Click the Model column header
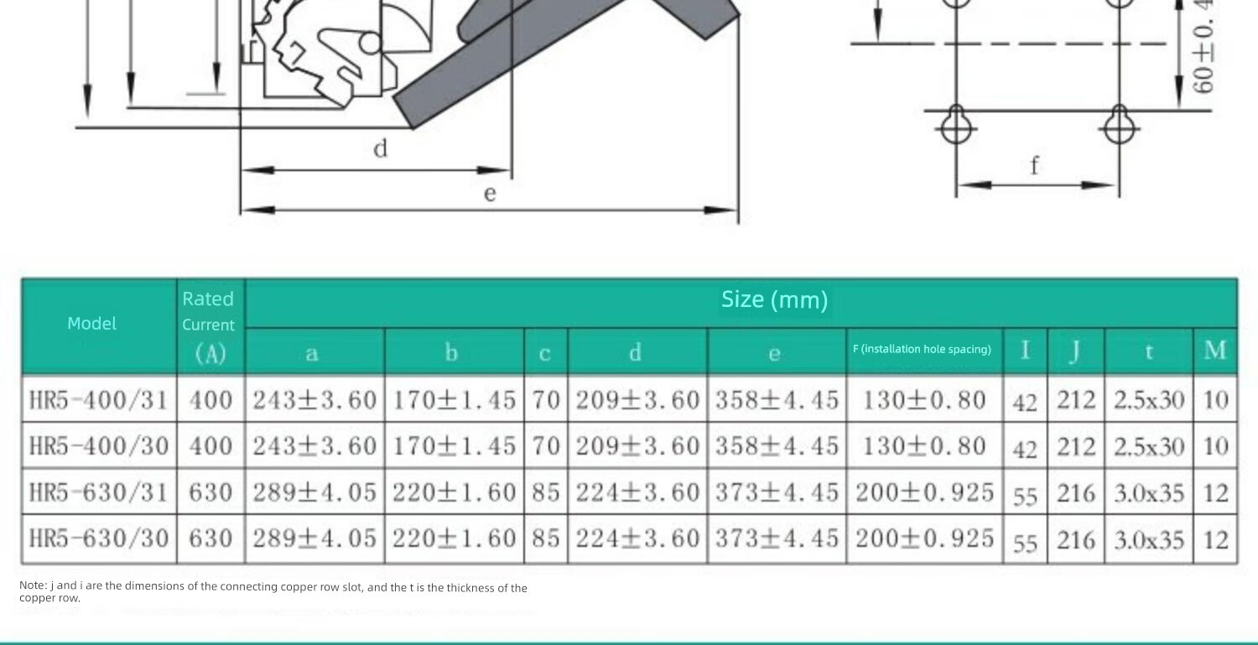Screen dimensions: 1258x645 91,323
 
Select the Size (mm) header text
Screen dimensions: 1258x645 774,299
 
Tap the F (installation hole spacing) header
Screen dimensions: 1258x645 922,349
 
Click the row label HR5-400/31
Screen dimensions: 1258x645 98,400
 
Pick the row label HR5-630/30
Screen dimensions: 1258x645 98,538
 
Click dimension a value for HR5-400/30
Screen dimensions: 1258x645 314,446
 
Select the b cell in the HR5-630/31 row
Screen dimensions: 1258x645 454,492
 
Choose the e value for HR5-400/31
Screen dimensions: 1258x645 777,400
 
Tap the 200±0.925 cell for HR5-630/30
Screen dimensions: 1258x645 924,538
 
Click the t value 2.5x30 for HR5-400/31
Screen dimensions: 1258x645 1148,400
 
